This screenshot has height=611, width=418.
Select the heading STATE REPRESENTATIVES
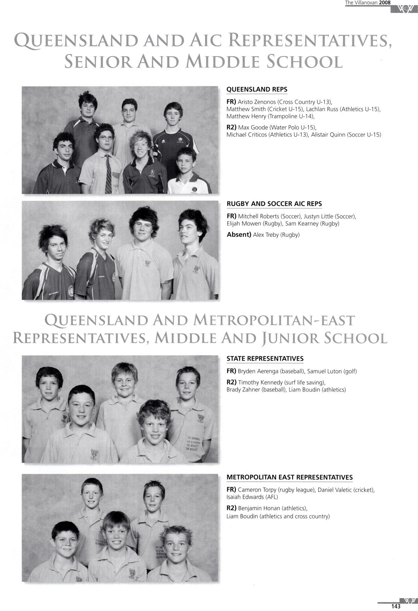[x=265, y=359]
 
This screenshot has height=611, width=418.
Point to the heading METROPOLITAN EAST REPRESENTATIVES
[x=289, y=477]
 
